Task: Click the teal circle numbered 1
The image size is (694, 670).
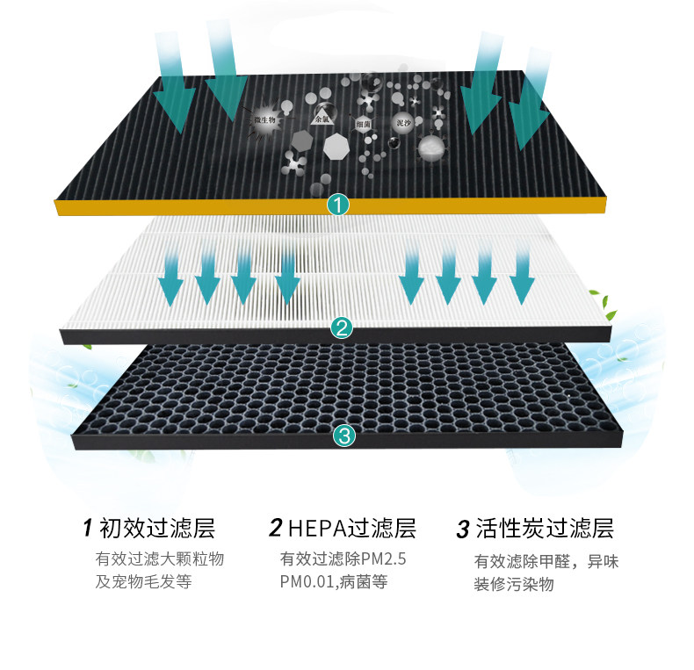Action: (x=339, y=205)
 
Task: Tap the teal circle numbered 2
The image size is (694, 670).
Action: (x=342, y=328)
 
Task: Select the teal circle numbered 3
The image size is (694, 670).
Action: (x=343, y=435)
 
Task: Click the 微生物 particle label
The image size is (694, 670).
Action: (x=264, y=118)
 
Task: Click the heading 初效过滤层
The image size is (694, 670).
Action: (x=157, y=529)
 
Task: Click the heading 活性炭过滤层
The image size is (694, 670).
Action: (x=544, y=529)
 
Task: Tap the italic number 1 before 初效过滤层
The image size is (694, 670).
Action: (x=87, y=529)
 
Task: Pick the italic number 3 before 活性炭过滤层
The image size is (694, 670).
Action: (x=462, y=530)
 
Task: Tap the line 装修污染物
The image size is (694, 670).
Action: (x=515, y=584)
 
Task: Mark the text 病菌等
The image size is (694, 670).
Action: (x=363, y=581)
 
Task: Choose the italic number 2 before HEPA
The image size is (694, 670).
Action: (x=275, y=529)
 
